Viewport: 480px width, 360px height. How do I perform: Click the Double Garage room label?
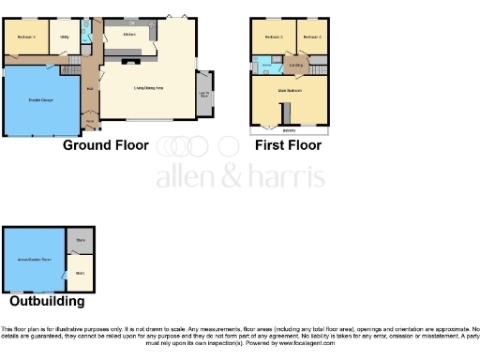(x=40, y=99)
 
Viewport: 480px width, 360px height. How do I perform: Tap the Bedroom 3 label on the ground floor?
(x=26, y=37)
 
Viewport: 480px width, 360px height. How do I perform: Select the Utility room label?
(x=65, y=37)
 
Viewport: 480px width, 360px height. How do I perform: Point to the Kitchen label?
(x=128, y=35)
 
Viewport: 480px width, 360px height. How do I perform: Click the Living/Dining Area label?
(x=145, y=88)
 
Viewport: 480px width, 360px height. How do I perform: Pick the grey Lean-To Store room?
(x=203, y=93)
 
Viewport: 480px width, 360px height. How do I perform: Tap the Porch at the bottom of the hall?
(x=90, y=121)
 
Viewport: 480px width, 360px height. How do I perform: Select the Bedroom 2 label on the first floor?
(x=273, y=37)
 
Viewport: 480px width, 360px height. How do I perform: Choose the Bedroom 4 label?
(x=312, y=37)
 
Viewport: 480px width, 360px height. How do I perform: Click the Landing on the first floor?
(x=296, y=64)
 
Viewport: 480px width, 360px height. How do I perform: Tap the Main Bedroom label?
(x=290, y=91)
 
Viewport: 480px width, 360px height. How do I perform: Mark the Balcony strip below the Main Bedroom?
(x=290, y=130)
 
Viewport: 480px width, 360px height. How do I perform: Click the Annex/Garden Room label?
(x=34, y=257)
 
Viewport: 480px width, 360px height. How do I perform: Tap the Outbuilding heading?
(x=47, y=302)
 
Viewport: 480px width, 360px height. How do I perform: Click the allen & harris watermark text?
(x=240, y=177)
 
